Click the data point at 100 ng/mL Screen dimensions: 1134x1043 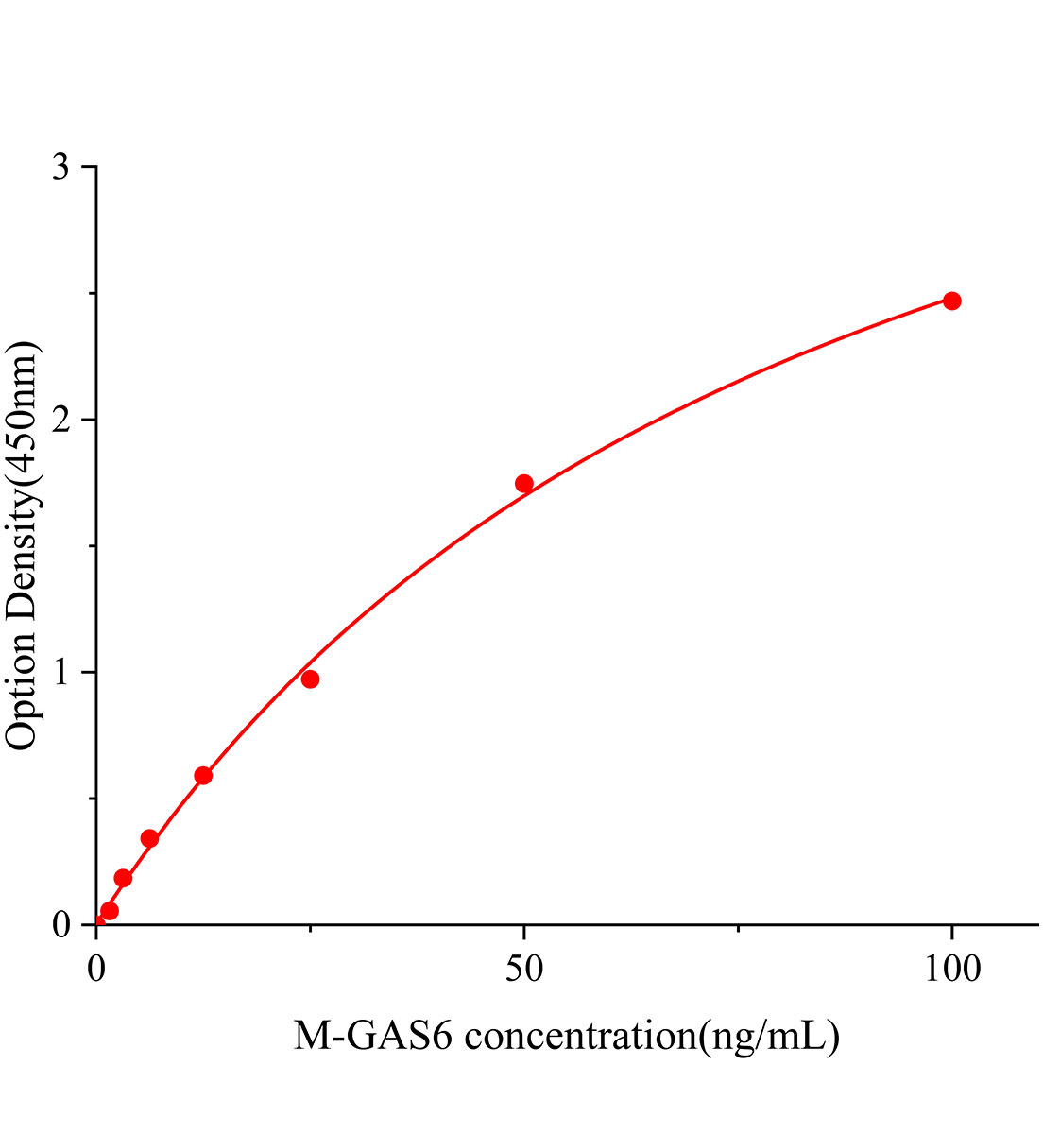tap(951, 301)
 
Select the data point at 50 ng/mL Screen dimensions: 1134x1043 tap(524, 484)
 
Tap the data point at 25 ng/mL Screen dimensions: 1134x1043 tap(310, 679)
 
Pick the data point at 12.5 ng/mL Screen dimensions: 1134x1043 tap(203, 776)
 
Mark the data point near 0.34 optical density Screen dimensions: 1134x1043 tap(149, 838)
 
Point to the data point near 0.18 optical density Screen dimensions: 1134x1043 tap(123, 878)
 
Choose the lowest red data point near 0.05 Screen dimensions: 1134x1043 tap(110, 911)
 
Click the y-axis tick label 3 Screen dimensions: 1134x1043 tap(61, 167)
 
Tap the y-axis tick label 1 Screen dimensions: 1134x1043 tap(61, 672)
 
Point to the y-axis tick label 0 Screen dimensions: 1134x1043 tap(61, 924)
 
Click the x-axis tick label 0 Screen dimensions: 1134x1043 tap(96, 969)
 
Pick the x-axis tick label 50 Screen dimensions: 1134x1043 tap(523, 969)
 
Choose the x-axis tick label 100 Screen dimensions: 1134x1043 tap(951, 969)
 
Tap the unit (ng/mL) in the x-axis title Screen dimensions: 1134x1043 tap(767, 1038)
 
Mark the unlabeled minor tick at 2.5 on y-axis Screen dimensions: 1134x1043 tap(91, 294)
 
